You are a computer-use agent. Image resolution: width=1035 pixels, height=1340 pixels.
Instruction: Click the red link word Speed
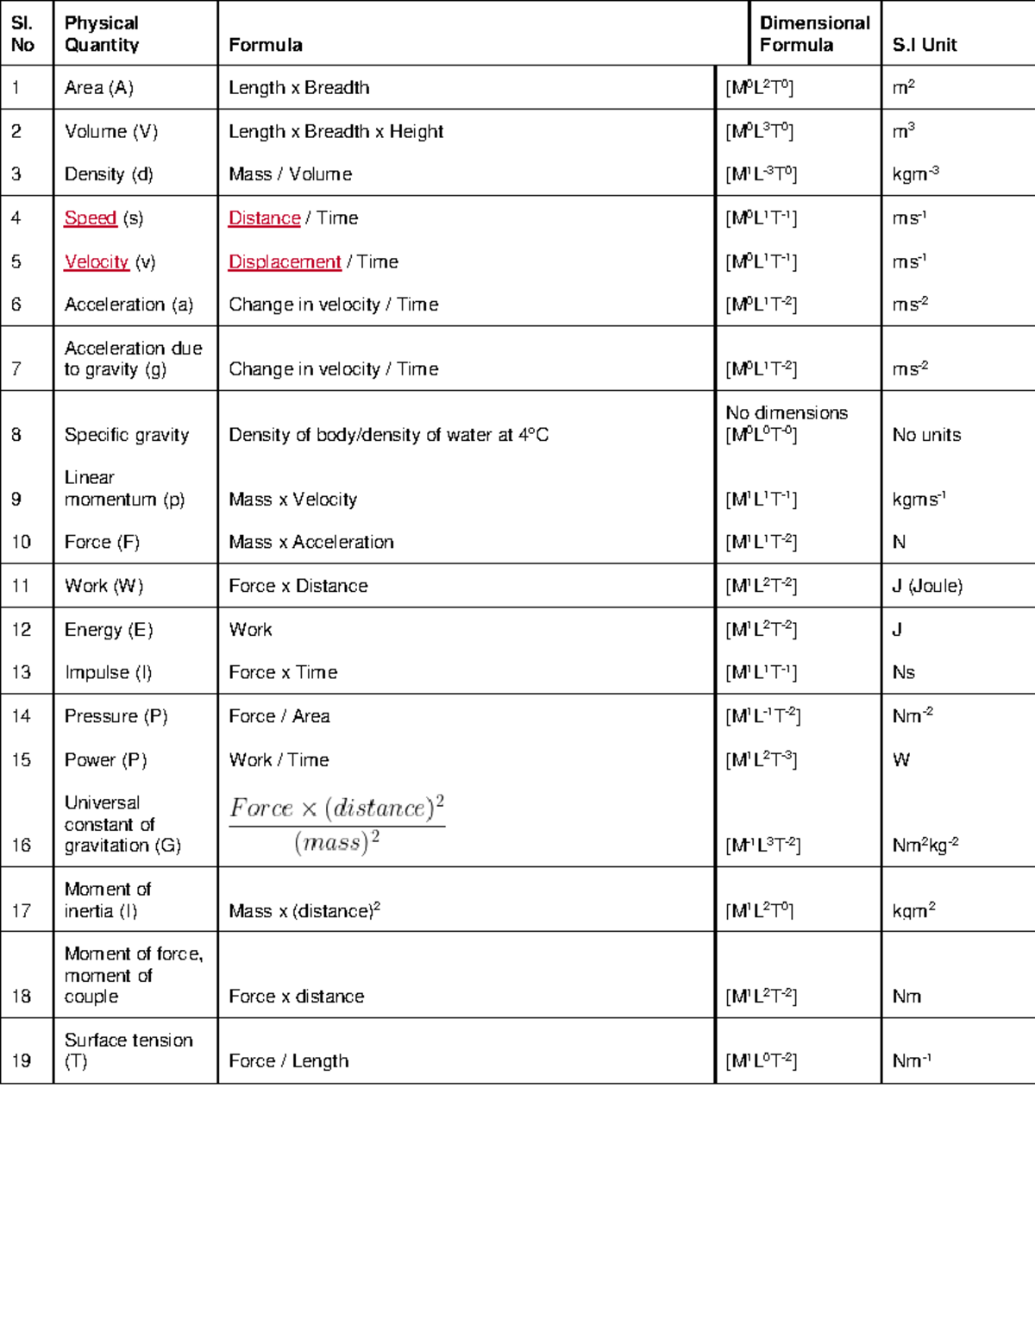(91, 218)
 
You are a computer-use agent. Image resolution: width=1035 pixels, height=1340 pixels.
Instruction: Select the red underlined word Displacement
(285, 262)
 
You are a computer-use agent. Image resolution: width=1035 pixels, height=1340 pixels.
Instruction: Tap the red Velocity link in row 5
(97, 262)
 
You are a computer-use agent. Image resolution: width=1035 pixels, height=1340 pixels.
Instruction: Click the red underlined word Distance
(264, 218)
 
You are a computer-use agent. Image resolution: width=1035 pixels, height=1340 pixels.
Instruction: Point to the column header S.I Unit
(925, 45)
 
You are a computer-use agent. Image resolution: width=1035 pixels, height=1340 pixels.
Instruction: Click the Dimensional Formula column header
(814, 35)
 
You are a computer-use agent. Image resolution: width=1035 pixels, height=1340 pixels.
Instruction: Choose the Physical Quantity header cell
(102, 35)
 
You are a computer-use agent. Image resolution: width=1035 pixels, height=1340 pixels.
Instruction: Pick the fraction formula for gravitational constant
(336, 824)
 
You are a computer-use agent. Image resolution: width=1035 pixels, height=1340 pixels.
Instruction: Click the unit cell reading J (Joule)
(927, 586)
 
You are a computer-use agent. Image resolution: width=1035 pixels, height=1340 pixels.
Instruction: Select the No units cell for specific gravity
(926, 435)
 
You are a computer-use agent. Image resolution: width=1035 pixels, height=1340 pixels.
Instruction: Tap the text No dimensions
(787, 412)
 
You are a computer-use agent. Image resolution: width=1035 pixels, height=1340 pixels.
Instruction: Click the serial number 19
(22, 1060)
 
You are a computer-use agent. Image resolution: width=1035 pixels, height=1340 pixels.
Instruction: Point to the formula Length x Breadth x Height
(336, 132)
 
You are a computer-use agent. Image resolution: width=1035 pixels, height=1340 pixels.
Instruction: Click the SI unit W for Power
(901, 760)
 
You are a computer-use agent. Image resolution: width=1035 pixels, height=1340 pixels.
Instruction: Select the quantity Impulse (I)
(108, 673)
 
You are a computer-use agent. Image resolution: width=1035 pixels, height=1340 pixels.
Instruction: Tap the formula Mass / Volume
(290, 174)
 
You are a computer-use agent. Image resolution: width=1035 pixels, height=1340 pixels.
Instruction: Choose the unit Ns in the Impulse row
(903, 673)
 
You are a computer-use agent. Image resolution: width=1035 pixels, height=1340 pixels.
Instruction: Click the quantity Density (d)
(109, 174)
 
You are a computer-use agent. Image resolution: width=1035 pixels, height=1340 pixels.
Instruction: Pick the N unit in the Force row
(899, 543)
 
